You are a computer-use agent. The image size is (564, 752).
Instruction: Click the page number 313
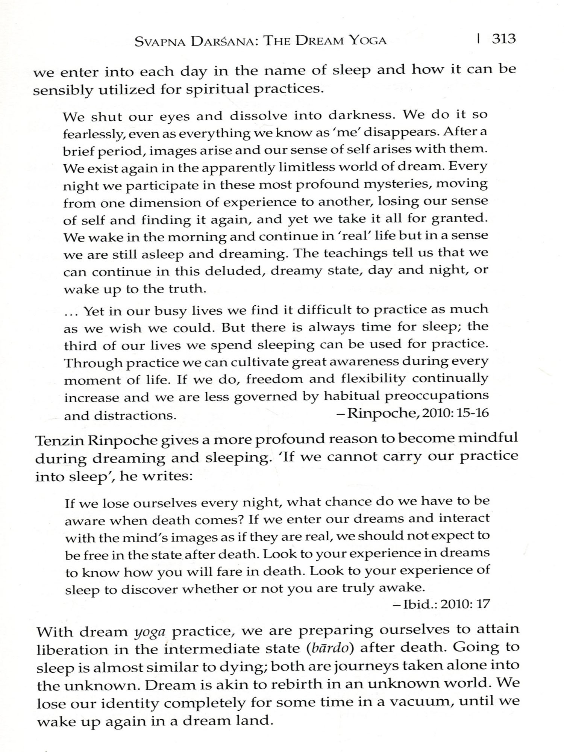504,39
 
